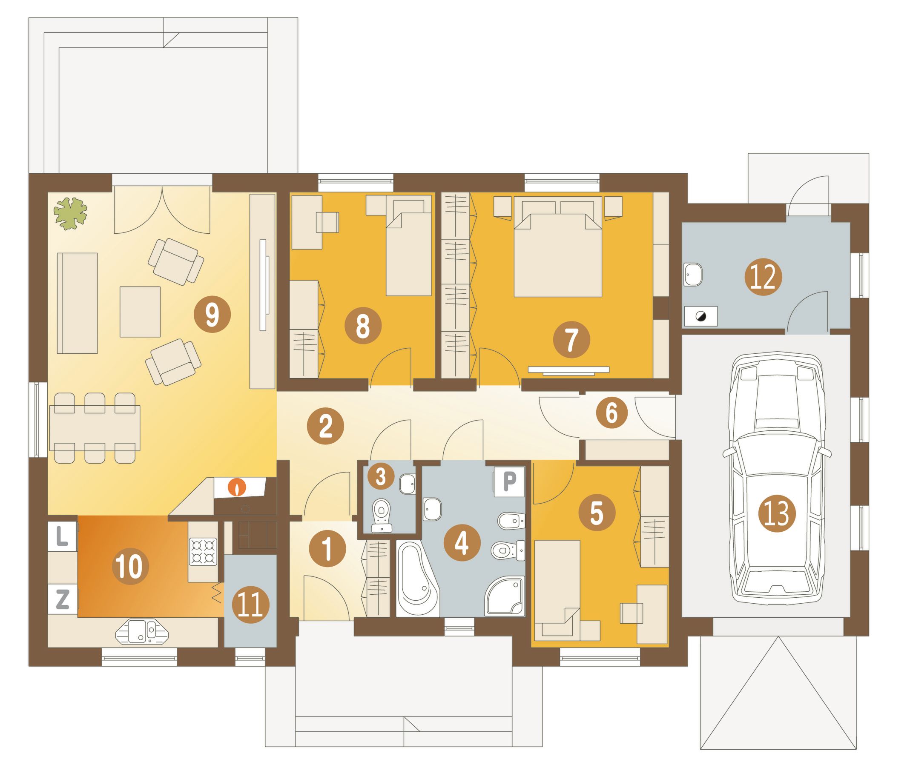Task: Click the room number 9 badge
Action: click(x=212, y=314)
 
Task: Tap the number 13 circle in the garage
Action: click(x=777, y=514)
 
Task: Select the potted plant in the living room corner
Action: click(x=70, y=213)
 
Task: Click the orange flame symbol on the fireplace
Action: click(x=237, y=487)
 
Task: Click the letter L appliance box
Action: click(x=63, y=537)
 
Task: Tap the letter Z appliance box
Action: click(x=63, y=599)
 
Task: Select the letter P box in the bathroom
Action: click(x=509, y=482)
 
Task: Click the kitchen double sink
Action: click(x=142, y=632)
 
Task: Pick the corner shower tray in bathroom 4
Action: click(x=505, y=596)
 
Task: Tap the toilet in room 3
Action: click(x=382, y=516)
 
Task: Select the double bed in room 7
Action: click(x=558, y=247)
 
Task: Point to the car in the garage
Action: click(x=777, y=479)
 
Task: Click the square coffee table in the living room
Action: click(x=140, y=312)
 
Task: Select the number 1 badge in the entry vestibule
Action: click(x=327, y=549)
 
